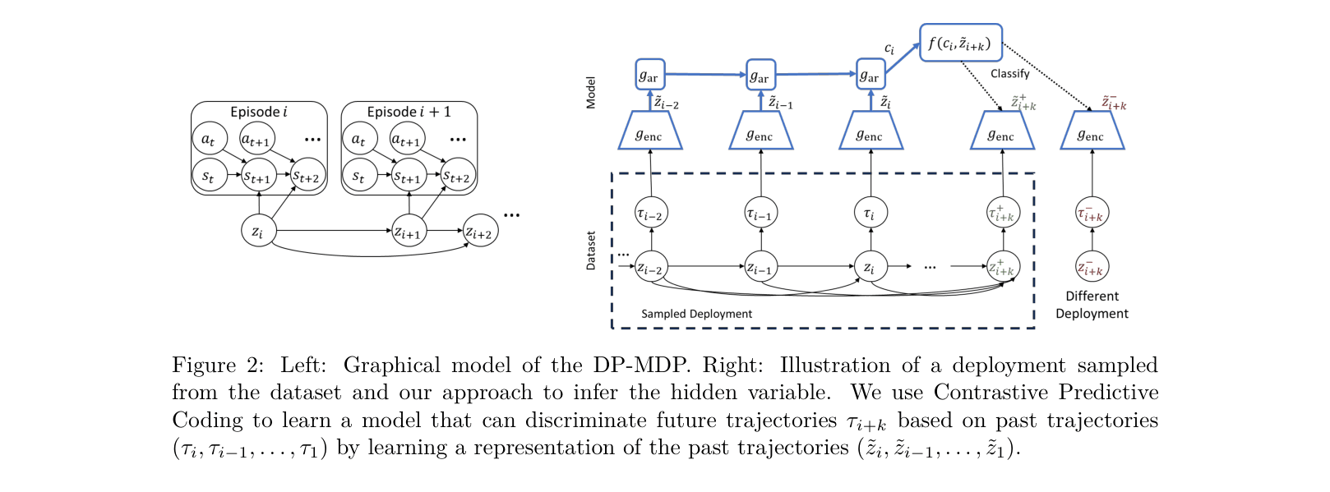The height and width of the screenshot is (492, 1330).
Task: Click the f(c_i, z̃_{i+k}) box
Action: pos(960,43)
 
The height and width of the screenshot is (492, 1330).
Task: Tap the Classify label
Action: pos(1009,74)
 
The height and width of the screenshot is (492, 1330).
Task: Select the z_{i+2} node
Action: pos(480,232)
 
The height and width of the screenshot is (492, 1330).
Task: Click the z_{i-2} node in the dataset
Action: pos(651,267)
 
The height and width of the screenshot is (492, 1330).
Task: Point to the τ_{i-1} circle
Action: pos(761,214)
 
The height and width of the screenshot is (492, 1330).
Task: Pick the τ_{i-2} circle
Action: pos(651,214)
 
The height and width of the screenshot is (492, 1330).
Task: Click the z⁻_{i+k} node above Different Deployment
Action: pos(1092,267)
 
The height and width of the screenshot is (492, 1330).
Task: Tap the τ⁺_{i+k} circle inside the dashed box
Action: pos(1003,214)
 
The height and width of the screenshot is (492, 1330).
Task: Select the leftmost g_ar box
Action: pos(649,76)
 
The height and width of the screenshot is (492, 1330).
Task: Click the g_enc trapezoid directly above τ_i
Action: pos(871,131)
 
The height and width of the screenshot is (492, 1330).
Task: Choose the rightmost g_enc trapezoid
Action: pos(1092,131)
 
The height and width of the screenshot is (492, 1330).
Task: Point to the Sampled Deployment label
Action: pos(696,314)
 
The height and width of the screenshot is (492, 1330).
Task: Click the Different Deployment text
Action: pos(1092,305)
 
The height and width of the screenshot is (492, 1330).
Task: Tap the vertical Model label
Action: pos(590,93)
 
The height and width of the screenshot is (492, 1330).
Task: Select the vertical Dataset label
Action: pos(590,251)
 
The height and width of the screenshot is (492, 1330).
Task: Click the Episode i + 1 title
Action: pos(409,112)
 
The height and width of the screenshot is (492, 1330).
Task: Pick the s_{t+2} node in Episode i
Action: pos(307,175)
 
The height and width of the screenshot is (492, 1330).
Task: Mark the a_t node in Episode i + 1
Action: pos(359,139)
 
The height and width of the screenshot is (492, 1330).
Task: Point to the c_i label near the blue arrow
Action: pos(889,49)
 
